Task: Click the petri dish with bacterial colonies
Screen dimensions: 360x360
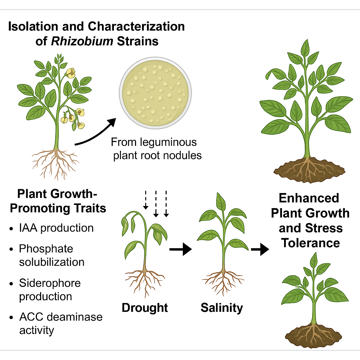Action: (x=154, y=94)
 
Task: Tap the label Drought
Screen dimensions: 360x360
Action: (x=145, y=308)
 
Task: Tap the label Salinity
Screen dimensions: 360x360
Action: (x=222, y=308)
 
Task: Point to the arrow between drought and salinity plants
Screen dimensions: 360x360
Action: (x=180, y=250)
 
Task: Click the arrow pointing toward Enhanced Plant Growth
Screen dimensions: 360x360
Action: (x=260, y=250)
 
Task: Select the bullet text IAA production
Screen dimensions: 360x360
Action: (x=56, y=228)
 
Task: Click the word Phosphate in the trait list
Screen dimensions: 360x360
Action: (x=46, y=249)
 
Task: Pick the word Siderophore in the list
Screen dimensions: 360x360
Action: (x=50, y=283)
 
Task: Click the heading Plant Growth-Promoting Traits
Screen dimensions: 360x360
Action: (x=58, y=201)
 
